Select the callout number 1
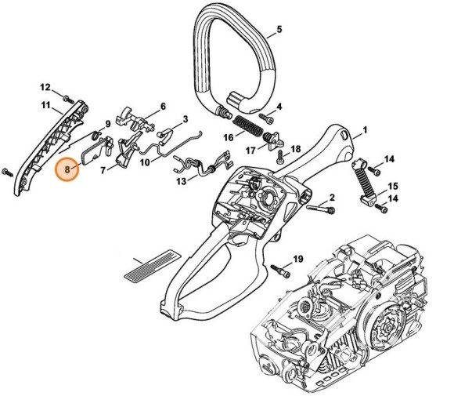365,130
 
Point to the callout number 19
297,259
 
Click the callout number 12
45,87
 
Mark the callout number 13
182,180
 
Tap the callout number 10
145,162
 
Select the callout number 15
393,186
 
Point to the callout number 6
163,107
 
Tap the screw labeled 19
279,268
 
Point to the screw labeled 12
68,100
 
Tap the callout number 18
295,149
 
